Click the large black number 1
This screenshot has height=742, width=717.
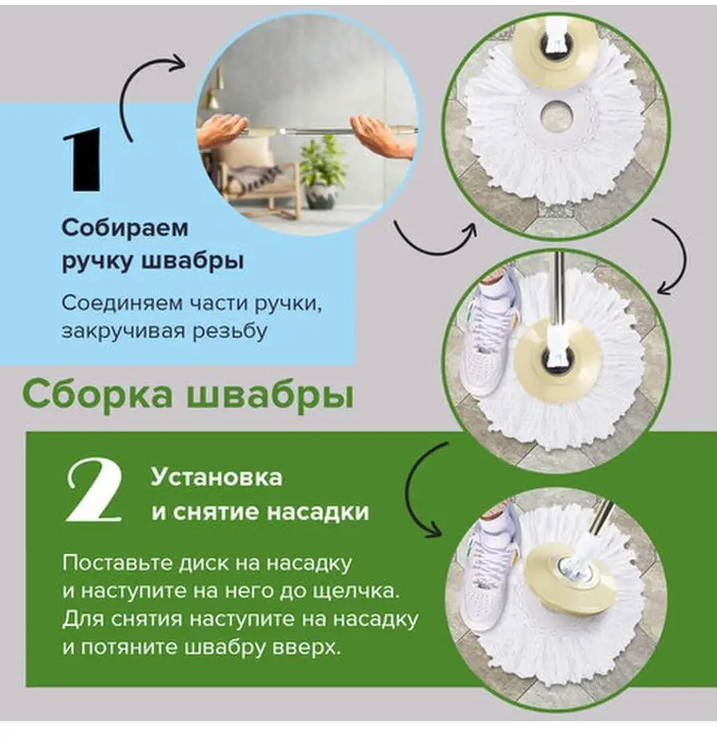83,159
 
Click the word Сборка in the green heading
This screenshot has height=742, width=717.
97,395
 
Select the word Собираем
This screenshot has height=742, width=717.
125,228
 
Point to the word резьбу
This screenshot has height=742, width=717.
230,330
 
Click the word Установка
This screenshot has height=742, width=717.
217,478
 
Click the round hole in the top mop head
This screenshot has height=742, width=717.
556,114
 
